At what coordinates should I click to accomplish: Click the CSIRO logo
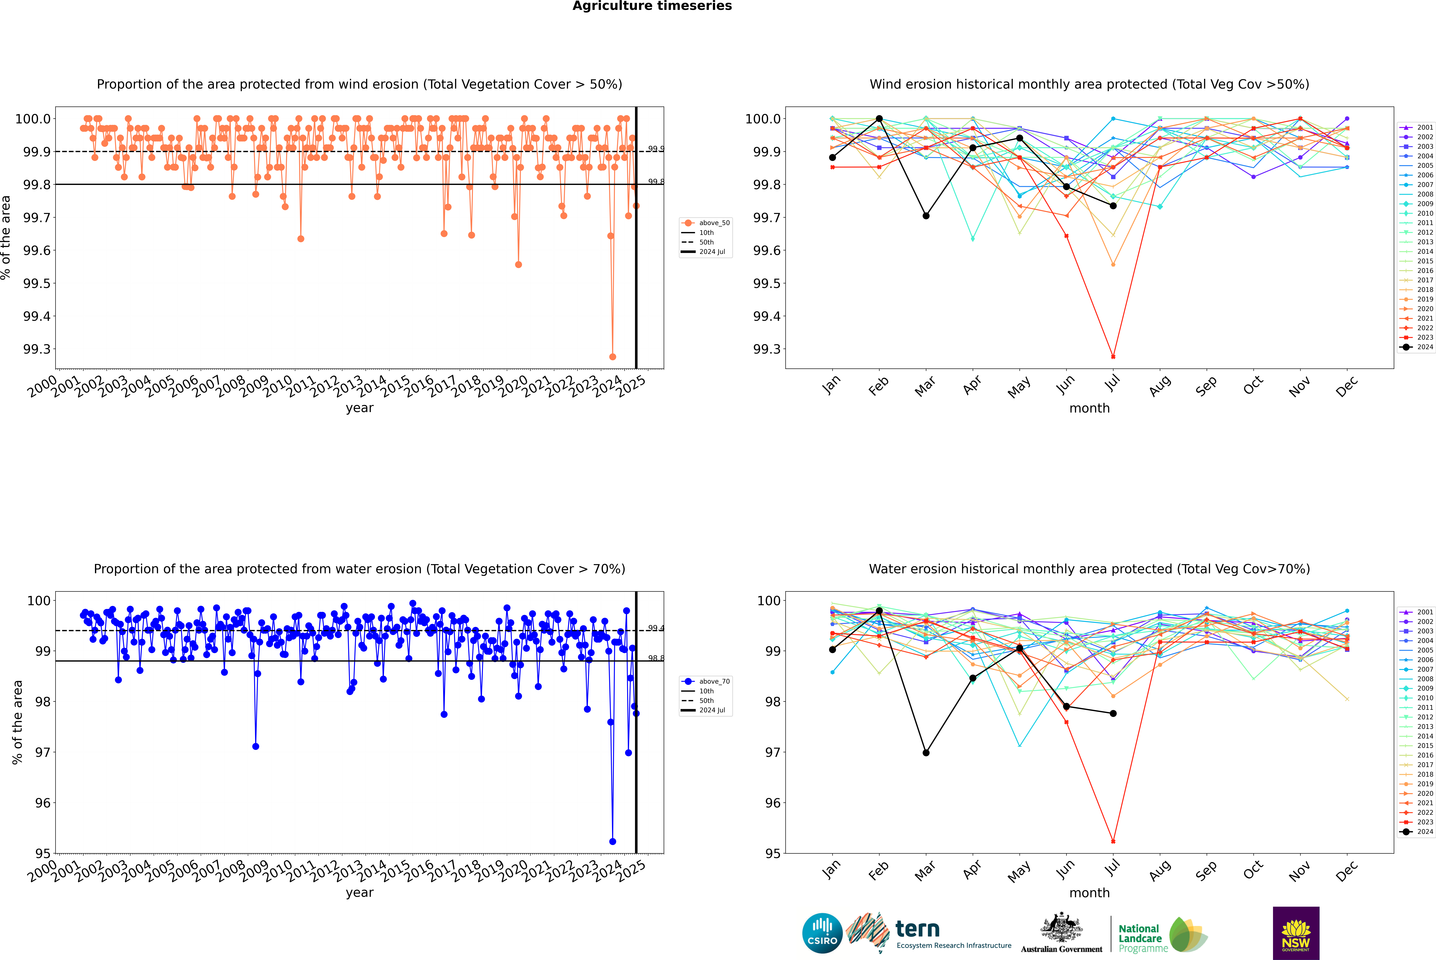[822, 933]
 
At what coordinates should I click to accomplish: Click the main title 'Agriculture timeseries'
[652, 6]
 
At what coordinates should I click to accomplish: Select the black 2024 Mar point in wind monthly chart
[926, 215]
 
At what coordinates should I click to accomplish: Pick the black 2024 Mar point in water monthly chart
[926, 752]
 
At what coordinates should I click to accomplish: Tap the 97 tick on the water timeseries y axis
[43, 752]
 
